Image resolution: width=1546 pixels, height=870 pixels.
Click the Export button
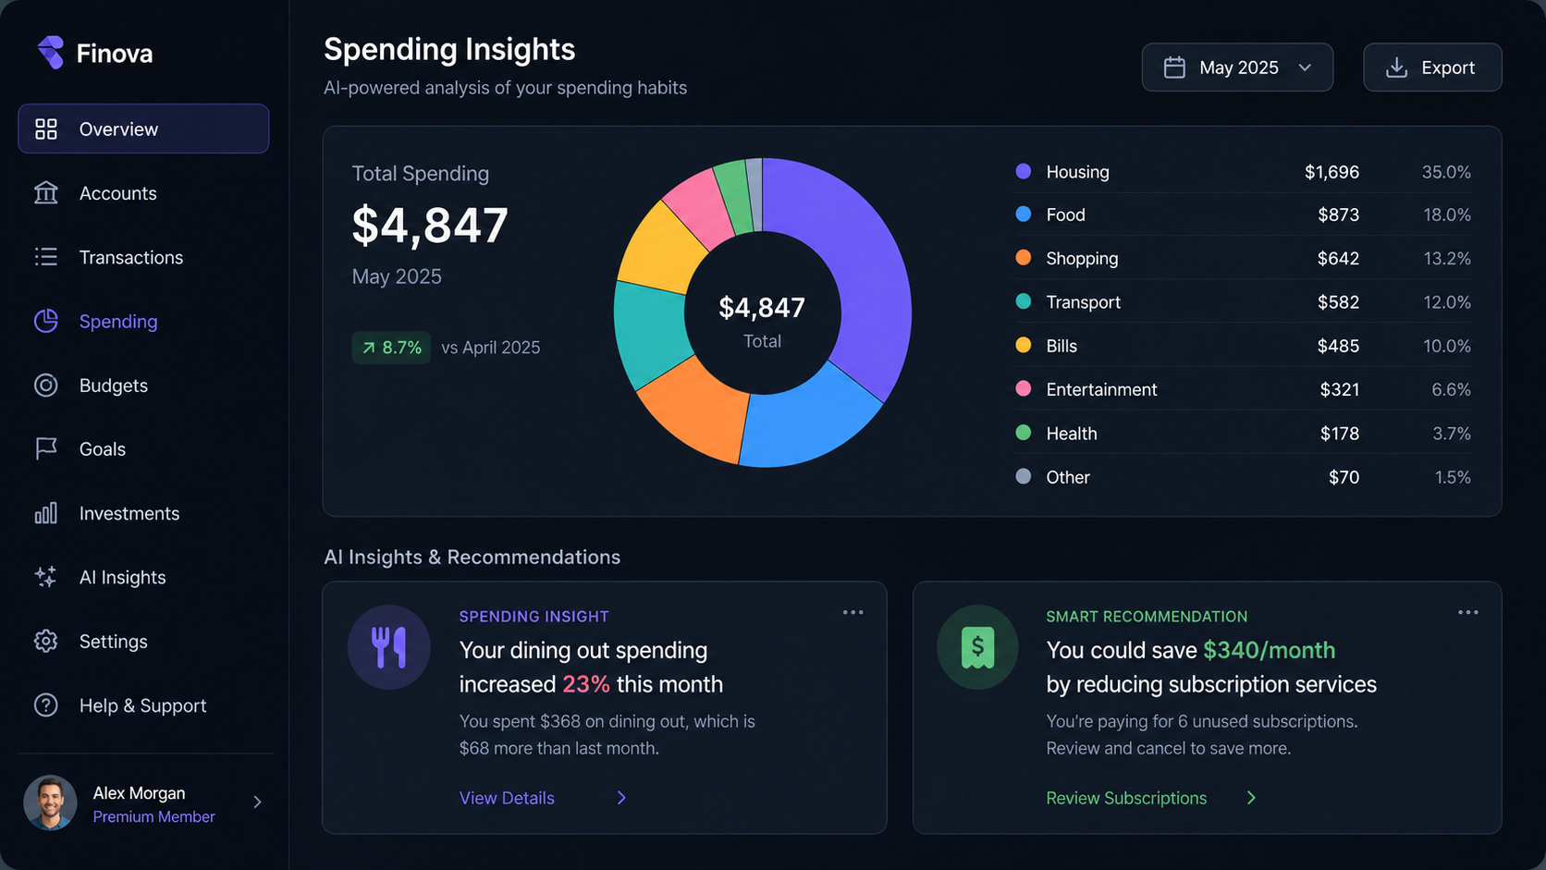1432,67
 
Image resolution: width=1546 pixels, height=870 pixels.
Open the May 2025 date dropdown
1237,67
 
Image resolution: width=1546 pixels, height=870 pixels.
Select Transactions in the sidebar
131,257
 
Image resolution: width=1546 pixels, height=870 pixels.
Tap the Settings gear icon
46,641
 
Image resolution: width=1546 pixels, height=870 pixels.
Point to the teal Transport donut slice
649,335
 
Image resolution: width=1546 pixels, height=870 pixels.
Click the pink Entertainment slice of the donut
698,207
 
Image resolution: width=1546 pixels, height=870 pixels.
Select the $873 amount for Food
1338,214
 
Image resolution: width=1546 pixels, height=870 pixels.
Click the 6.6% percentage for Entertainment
1451,389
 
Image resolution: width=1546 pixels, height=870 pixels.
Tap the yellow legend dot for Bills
1024,344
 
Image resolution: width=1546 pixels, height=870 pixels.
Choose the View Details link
507,798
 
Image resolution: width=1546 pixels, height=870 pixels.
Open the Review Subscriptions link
1126,798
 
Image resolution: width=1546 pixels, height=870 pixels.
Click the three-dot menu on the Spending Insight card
853,612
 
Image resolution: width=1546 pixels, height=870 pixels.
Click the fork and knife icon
388,647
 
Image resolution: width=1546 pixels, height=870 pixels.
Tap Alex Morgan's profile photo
50,803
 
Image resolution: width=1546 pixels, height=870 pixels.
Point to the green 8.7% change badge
391,347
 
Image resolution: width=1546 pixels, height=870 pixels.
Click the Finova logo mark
50,53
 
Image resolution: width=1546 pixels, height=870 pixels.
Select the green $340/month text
1270,650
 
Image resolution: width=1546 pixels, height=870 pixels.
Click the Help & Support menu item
142,705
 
